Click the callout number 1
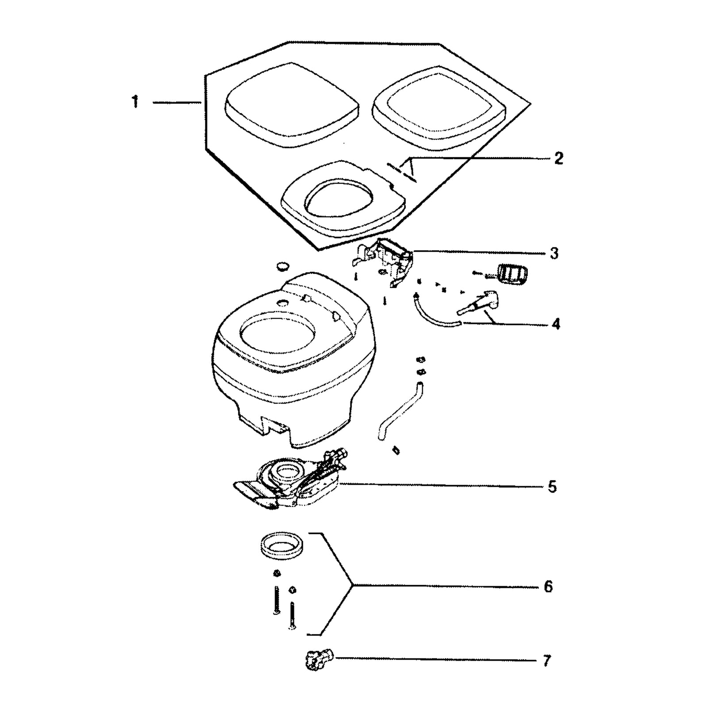(x=135, y=102)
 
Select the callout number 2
(x=558, y=158)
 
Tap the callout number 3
(x=554, y=253)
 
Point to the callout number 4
(x=556, y=324)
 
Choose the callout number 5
(x=552, y=487)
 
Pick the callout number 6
(x=548, y=587)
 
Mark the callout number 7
(x=547, y=661)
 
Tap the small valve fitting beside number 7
(x=319, y=659)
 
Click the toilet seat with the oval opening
(x=344, y=196)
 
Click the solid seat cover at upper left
(x=292, y=104)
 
